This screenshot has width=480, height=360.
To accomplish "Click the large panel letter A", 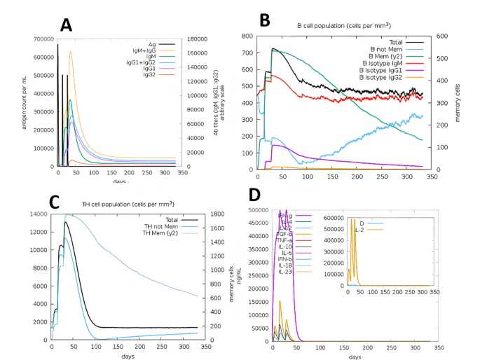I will click(67, 25).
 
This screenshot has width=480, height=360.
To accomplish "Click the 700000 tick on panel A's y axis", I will click(43, 39).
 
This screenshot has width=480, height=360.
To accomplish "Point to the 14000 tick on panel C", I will click(39, 214).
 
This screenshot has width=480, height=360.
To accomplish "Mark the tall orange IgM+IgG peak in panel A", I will click(70, 52).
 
